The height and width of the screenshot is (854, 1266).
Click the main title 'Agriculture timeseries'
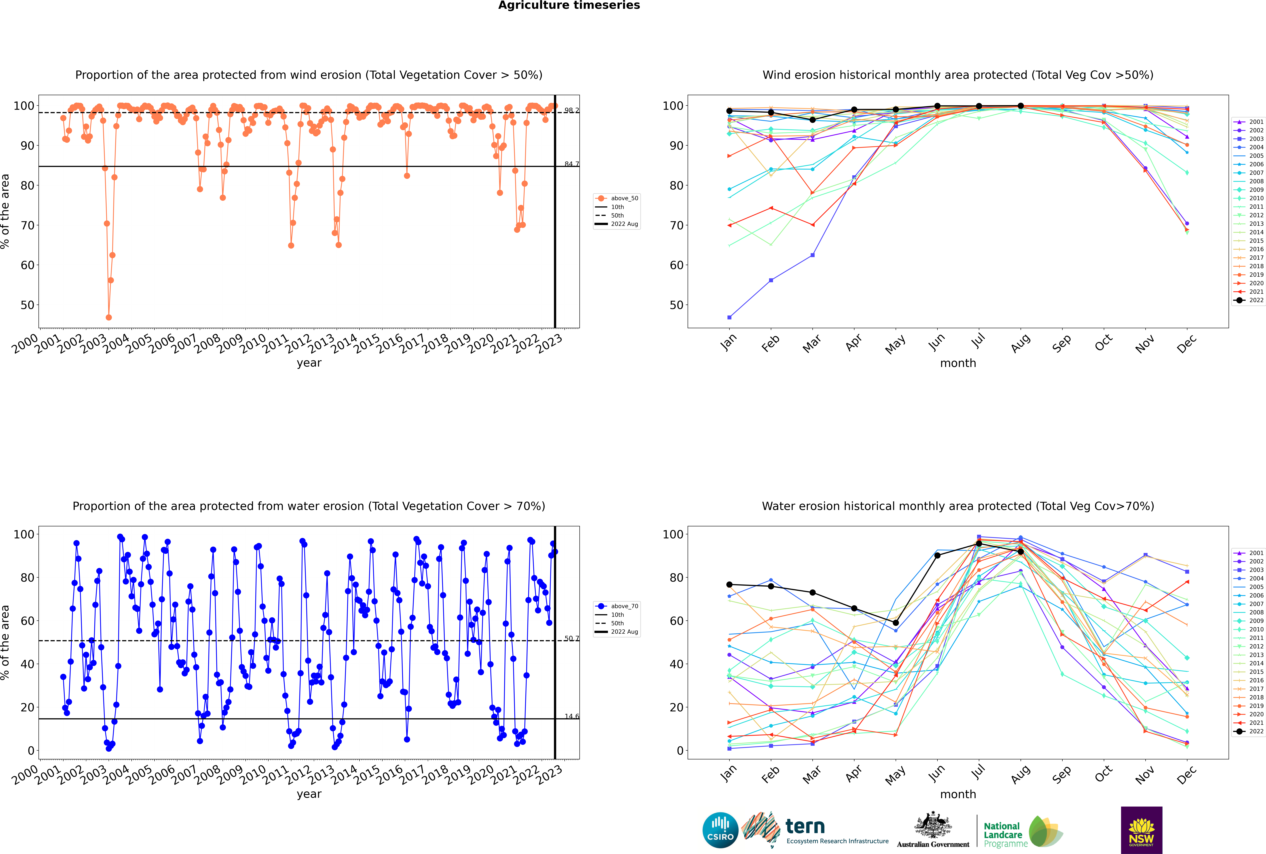tap(569, 5)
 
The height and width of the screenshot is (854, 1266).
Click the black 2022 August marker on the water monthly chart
tap(1021, 552)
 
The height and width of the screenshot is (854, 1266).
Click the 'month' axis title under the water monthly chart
tap(958, 794)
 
